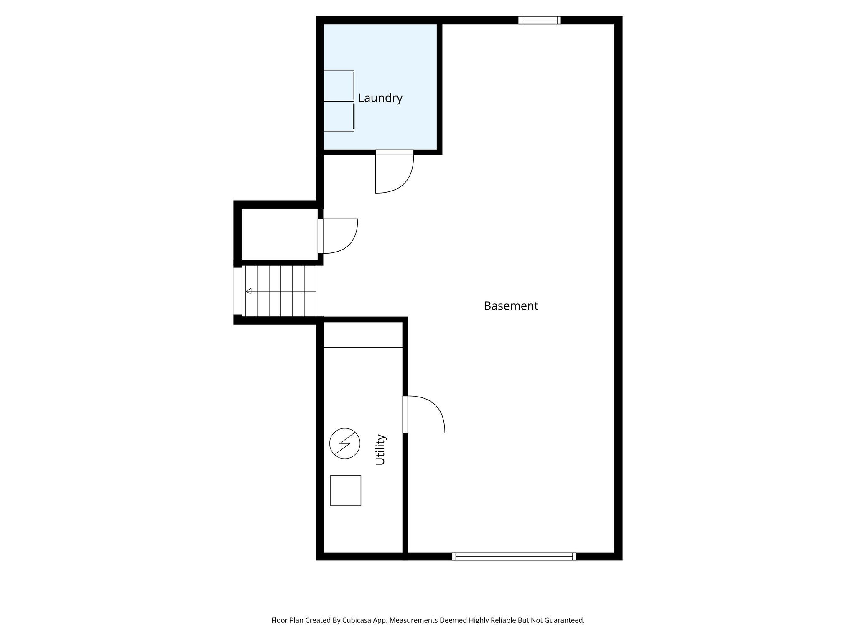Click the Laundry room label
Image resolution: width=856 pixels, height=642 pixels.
(x=380, y=98)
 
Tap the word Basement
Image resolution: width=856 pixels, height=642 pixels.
(x=511, y=306)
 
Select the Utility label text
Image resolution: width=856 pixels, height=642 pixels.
(x=380, y=450)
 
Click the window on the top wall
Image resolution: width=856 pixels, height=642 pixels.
(x=539, y=20)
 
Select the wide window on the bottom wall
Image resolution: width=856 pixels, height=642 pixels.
(x=514, y=556)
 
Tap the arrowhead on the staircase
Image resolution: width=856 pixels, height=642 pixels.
(x=248, y=291)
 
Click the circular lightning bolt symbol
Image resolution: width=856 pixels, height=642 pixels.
(x=345, y=443)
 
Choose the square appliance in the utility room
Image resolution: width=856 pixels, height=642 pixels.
(x=346, y=490)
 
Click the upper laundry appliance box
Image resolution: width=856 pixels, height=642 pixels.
(x=339, y=86)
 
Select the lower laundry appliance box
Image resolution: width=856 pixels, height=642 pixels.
(x=339, y=117)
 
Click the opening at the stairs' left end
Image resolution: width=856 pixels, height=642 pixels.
(x=237, y=291)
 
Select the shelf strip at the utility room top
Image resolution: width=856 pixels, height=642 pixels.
(x=363, y=335)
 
